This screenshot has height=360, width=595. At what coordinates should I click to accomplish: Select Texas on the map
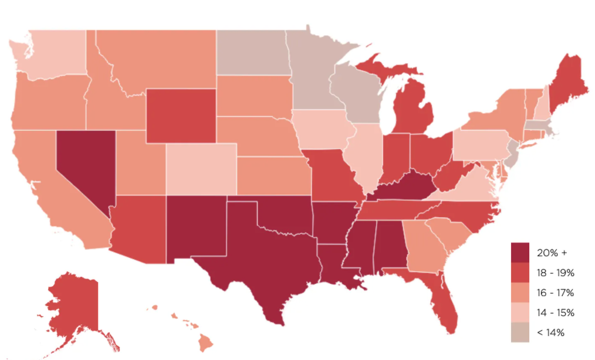264,258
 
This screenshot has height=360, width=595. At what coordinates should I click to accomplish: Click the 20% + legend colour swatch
520,252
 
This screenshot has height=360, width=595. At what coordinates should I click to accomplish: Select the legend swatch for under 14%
520,332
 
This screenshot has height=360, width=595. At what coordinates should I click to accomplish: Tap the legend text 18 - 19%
555,273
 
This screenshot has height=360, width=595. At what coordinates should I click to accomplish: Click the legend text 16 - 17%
555,293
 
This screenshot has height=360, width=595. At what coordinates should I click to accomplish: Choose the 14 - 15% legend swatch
520,312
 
